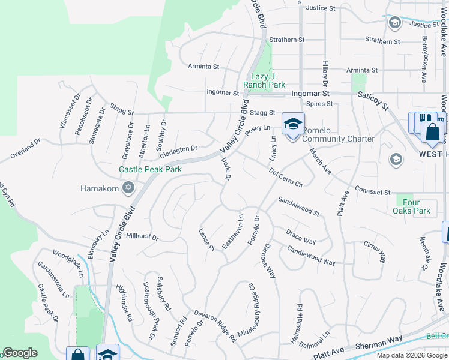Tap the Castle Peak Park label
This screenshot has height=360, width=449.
pyautogui.click(x=150, y=170)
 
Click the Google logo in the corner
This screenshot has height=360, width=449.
pyautogui.click(x=20, y=353)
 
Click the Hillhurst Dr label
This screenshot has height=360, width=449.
pyautogui.click(x=142, y=235)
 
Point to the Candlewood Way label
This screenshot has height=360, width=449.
pyautogui.click(x=311, y=256)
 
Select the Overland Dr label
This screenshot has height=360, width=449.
pyautogui.click(x=25, y=150)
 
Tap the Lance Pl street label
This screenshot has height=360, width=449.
pyautogui.click(x=206, y=239)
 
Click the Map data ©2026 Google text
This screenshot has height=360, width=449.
pyautogui.click(x=411, y=355)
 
